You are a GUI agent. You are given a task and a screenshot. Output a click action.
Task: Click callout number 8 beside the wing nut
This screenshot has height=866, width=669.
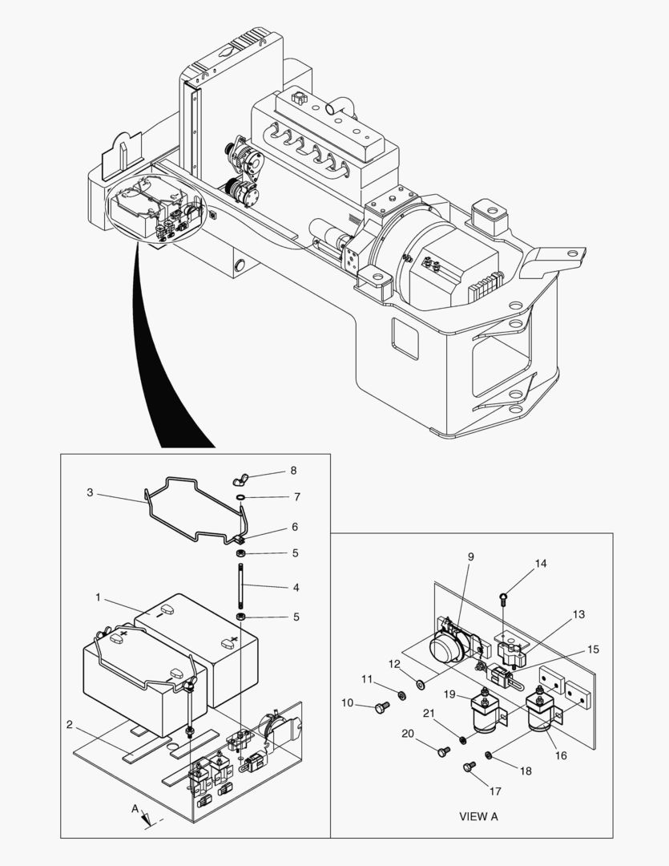click(x=272, y=470)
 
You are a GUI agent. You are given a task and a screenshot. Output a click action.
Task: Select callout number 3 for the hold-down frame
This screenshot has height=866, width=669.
click(x=90, y=492)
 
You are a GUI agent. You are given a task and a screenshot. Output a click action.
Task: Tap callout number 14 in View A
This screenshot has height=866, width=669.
click(x=541, y=564)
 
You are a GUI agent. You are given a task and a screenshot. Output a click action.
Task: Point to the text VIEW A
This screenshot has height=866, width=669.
click(x=478, y=817)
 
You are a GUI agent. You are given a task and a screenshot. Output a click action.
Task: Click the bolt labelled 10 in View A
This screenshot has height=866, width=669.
click(x=381, y=706)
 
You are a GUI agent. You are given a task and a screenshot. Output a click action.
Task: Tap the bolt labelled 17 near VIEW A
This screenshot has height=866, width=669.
click(x=468, y=767)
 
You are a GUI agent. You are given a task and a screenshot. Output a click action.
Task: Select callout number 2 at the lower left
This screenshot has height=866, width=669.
click(x=70, y=725)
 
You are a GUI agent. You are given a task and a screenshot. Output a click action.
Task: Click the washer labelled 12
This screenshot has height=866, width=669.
click(x=420, y=684)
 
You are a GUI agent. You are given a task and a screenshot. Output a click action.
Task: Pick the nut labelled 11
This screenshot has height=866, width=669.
click(x=401, y=694)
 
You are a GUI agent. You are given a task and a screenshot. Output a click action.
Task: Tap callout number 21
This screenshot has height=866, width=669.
click(x=429, y=714)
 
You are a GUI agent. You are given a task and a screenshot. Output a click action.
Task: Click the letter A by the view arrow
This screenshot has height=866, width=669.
click(x=135, y=808)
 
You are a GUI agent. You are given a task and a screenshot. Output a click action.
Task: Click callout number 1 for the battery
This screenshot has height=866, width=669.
click(x=99, y=597)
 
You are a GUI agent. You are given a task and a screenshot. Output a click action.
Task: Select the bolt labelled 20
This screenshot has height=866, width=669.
click(x=444, y=751)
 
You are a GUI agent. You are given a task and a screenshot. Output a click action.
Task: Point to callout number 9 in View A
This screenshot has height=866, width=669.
click(x=470, y=556)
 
